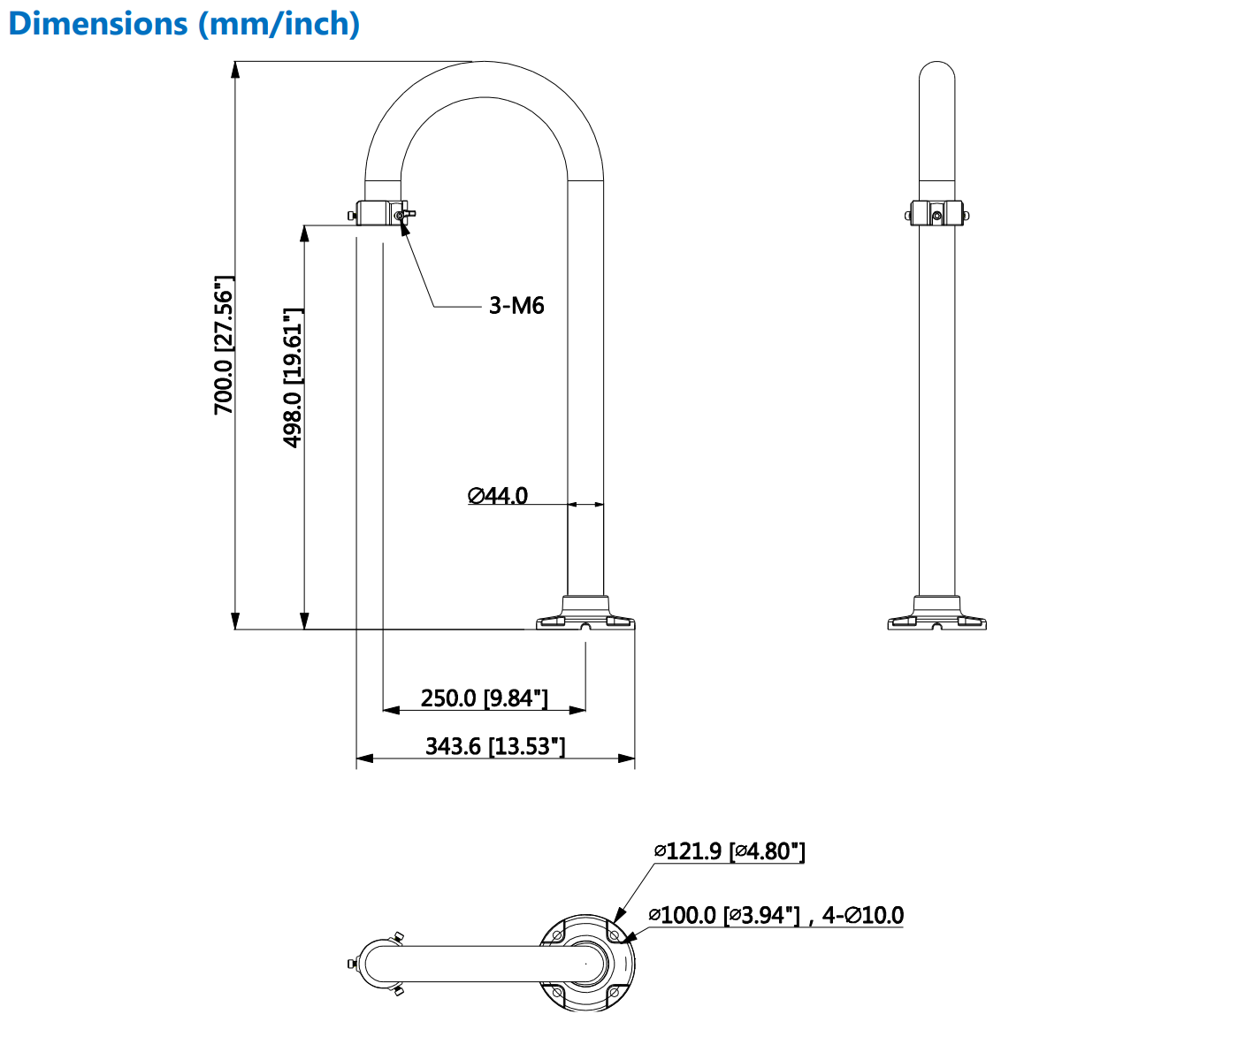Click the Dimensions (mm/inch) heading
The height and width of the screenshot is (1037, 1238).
(184, 24)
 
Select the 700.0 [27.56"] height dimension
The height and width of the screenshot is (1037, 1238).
(224, 345)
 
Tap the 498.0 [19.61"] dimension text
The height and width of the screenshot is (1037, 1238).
(293, 377)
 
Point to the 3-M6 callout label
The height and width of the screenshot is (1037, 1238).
(516, 306)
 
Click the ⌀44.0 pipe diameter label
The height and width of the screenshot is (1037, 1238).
(498, 496)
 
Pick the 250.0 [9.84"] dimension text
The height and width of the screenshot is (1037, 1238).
(485, 698)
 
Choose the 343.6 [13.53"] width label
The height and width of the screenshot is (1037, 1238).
(495, 747)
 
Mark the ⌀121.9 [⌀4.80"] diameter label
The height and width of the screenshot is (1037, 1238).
(730, 851)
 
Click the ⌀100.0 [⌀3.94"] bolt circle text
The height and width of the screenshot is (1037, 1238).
(724, 915)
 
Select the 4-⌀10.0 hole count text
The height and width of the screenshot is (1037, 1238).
(863, 915)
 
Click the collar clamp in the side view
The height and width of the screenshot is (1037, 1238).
(937, 214)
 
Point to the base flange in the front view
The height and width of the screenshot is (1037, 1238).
(585, 615)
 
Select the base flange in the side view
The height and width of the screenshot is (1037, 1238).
(937, 615)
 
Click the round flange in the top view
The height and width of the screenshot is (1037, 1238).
(587, 963)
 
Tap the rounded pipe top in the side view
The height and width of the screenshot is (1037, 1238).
(937, 75)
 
